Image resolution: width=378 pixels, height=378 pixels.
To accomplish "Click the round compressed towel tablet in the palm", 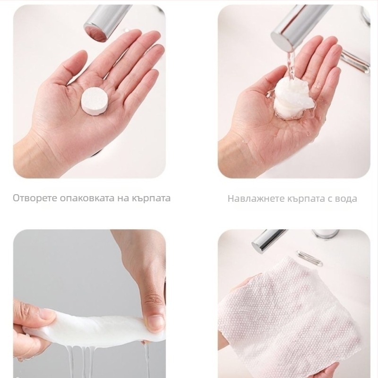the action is tap(94, 100).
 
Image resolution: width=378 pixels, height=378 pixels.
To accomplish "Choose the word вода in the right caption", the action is tap(345, 199).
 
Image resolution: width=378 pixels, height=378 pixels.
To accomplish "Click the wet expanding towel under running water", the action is tap(293, 99).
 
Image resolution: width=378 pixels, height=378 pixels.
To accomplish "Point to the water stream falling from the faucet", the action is tap(291, 65).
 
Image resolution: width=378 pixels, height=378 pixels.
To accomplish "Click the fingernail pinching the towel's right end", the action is tap(156, 323).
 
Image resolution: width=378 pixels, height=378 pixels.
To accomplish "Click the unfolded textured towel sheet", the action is tap(289, 316).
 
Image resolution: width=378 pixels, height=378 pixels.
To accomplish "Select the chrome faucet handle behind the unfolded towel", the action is tap(309, 258).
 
